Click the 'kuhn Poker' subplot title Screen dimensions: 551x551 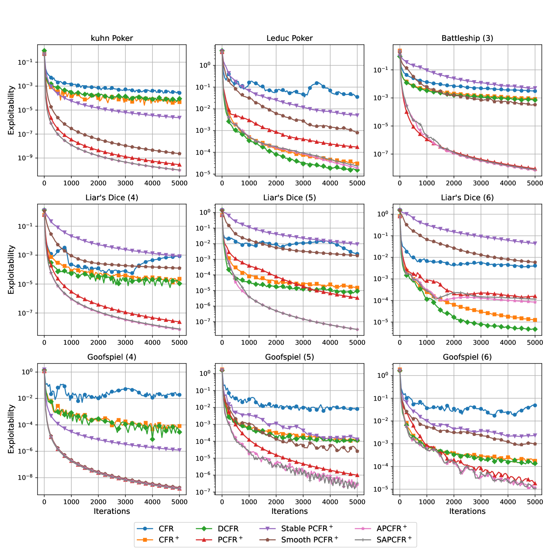[112, 38]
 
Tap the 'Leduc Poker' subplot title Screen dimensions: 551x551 [289, 38]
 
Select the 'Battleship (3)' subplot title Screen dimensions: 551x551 [467, 38]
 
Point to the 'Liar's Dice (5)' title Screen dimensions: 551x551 [289, 198]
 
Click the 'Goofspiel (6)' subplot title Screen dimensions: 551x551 [467, 357]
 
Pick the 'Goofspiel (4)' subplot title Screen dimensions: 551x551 [112, 357]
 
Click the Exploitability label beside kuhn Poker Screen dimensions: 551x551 [11, 110]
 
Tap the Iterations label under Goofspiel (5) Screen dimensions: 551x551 [289, 511]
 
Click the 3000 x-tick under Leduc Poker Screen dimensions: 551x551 [303, 183]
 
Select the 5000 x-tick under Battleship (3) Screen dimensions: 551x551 [535, 183]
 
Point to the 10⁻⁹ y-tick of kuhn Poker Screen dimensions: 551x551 [25, 158]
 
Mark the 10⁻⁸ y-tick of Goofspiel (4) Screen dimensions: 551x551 [25, 477]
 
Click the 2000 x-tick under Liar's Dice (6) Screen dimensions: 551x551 [454, 343]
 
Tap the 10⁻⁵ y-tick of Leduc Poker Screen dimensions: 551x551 [203, 174]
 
